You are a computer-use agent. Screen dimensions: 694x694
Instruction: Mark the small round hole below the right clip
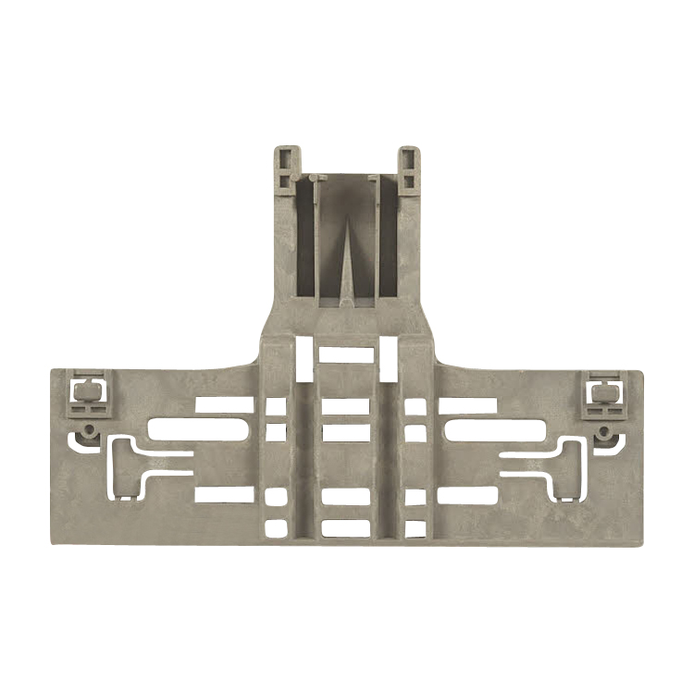point(605,431)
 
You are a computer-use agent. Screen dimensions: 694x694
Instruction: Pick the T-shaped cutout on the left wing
point(139,461)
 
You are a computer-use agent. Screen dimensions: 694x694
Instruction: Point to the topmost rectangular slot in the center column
point(346,354)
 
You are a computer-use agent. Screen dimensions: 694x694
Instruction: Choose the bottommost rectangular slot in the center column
point(346,529)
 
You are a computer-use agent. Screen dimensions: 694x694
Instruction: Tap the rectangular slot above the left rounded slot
point(224,405)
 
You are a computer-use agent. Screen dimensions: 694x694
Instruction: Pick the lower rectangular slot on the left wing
point(224,495)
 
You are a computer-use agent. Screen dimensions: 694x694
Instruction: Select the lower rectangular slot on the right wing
point(468,495)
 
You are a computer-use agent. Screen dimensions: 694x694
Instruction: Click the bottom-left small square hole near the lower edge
point(276,529)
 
